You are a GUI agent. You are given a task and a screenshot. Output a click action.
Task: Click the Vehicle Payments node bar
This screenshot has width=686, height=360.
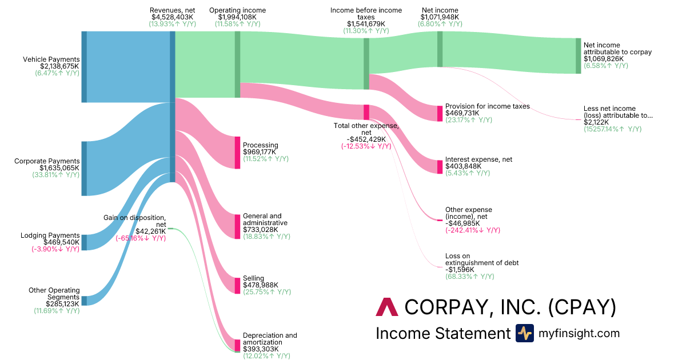pyautogui.click(x=84, y=67)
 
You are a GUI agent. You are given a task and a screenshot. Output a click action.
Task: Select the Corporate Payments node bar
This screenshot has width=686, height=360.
pyautogui.click(x=84, y=169)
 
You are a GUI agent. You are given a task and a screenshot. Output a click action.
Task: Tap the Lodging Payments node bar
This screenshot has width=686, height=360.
pyautogui.click(x=84, y=242)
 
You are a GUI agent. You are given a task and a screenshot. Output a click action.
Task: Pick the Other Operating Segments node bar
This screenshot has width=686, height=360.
pyautogui.click(x=84, y=301)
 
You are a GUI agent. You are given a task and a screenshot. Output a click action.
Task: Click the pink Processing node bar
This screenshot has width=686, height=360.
pyautogui.click(x=237, y=153)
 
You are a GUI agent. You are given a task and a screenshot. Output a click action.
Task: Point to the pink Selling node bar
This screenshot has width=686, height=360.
pyautogui.click(x=237, y=285)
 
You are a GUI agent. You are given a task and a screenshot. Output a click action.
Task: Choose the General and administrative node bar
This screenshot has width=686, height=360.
pyautogui.click(x=237, y=226)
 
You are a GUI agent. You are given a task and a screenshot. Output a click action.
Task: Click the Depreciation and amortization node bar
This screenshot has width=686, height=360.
pyautogui.click(x=237, y=345)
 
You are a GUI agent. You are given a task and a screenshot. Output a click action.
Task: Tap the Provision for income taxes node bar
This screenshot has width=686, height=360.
pyautogui.click(x=440, y=113)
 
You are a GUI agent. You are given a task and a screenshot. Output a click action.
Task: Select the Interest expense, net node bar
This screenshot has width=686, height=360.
pyautogui.click(x=440, y=167)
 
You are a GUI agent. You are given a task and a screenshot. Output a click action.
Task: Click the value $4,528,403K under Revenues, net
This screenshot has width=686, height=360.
pyautogui.click(x=172, y=17)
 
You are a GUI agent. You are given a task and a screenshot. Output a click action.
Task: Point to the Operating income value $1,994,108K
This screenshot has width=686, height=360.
pyautogui.click(x=237, y=17)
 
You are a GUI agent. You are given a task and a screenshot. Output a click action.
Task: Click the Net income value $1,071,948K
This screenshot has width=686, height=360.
pyautogui.click(x=440, y=17)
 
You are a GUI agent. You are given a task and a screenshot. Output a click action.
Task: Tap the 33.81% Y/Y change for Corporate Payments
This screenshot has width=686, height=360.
pyautogui.click(x=55, y=175)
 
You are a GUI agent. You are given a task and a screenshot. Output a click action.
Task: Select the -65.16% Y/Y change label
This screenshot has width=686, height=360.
pyautogui.click(x=141, y=238)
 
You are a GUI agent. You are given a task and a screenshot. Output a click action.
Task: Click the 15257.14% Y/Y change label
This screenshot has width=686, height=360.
pyautogui.click(x=612, y=129)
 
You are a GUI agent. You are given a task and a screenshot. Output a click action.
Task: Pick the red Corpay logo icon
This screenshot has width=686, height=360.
pyautogui.click(x=386, y=307)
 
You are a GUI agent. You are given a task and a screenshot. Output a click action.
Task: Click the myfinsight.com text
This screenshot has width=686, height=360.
pyautogui.click(x=579, y=333)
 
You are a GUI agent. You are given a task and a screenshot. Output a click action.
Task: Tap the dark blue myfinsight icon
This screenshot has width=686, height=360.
pyautogui.click(x=524, y=333)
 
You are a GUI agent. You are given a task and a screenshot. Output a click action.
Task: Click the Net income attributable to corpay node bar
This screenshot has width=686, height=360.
pyautogui.click(x=578, y=56)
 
